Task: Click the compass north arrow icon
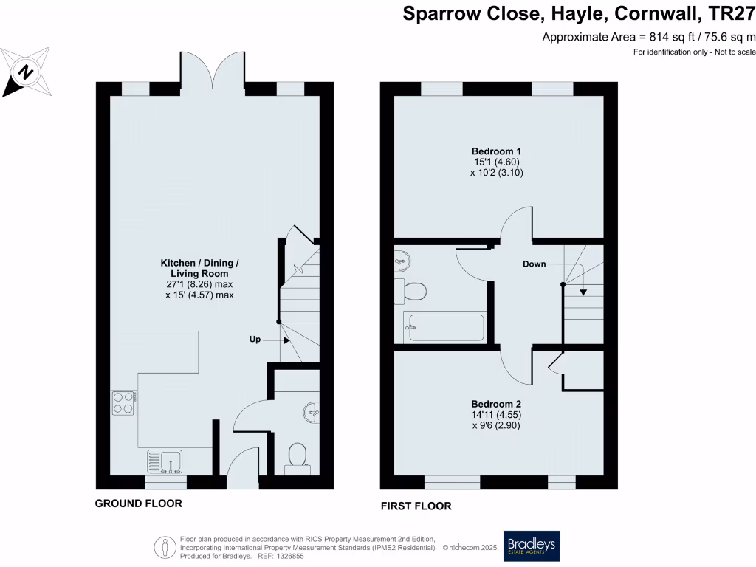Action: click(27, 72)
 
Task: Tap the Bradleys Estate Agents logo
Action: click(531, 546)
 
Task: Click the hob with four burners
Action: click(123, 403)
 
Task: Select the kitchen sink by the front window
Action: click(166, 461)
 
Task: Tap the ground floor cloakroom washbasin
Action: click(312, 410)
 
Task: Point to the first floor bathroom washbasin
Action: click(402, 259)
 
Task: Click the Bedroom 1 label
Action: click(492, 151)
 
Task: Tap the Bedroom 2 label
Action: click(497, 405)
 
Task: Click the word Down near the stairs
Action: click(534, 264)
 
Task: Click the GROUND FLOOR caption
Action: click(138, 504)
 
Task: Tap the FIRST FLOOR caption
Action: click(416, 506)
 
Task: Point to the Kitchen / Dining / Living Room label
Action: click(200, 268)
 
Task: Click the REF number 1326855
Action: click(289, 556)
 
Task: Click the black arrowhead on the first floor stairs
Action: click(583, 292)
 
